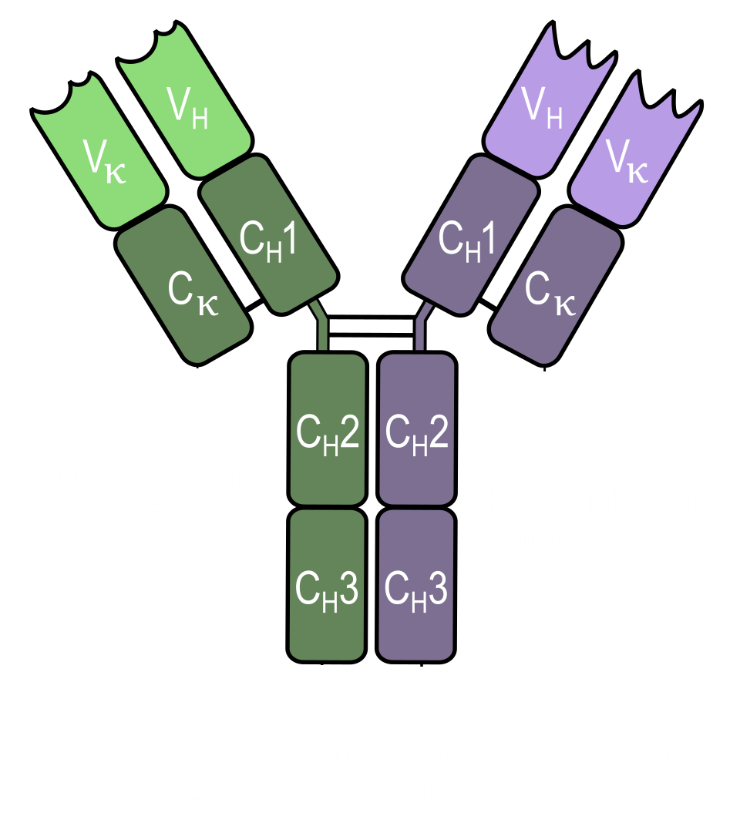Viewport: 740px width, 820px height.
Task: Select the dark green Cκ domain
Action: (x=185, y=289)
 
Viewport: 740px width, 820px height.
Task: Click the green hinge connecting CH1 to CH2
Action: (x=321, y=328)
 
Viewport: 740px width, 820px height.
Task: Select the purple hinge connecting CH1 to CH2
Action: (x=421, y=328)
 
